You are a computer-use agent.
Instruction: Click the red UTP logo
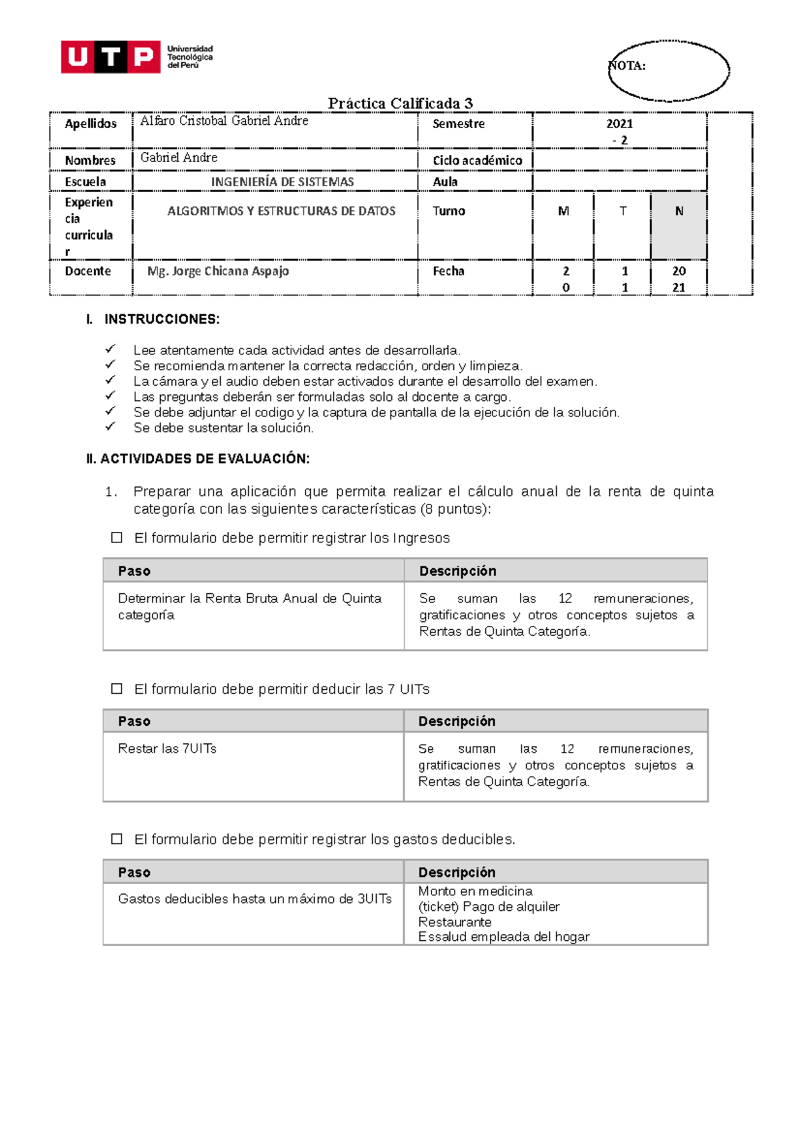coord(111,57)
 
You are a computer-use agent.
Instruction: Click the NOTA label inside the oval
coord(627,65)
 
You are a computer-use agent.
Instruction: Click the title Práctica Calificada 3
coord(400,103)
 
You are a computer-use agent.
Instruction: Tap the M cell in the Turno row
coord(563,212)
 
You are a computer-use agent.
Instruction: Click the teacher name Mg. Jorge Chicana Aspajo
coord(218,272)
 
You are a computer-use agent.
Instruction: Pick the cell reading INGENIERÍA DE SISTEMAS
coord(282,182)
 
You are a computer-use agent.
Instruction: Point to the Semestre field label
coord(459,124)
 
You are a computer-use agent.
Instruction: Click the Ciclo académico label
coord(477,161)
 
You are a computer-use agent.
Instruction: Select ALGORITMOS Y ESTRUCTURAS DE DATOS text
coord(281,212)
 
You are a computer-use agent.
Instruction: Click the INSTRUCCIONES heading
coord(161,320)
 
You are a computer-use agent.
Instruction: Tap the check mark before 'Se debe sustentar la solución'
coord(111,426)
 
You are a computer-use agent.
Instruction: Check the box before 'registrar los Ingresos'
coord(117,538)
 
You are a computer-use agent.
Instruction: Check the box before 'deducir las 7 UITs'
coord(117,689)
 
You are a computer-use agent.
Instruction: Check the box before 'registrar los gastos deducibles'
coord(117,839)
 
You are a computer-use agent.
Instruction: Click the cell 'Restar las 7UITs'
coord(167,749)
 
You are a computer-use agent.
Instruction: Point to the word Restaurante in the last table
coord(455,922)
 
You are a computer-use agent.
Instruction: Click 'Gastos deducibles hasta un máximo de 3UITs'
coord(255,899)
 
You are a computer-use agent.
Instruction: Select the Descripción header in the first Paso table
coord(457,571)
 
